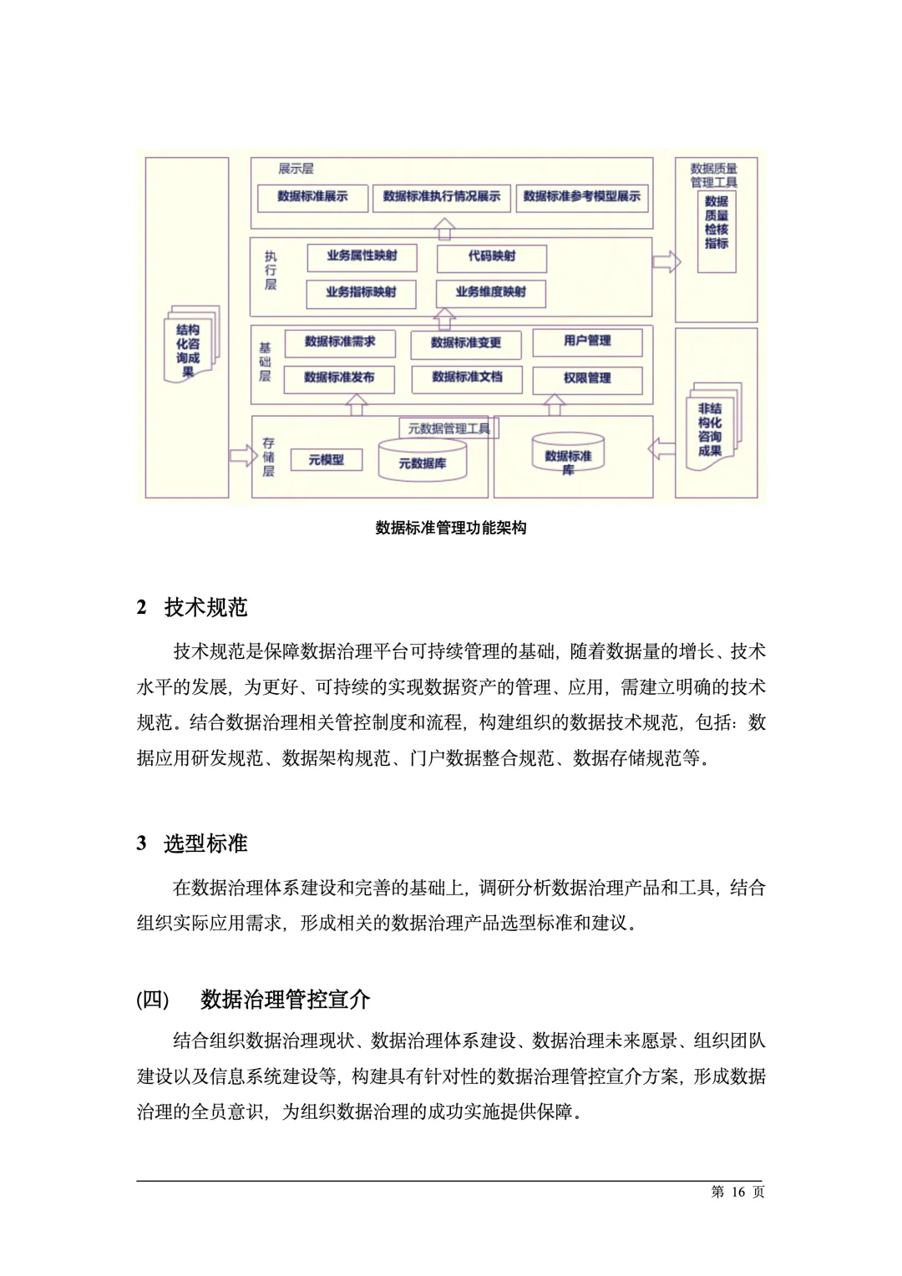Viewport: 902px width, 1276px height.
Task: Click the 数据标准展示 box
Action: click(x=312, y=197)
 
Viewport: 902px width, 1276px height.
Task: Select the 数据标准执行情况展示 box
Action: click(x=441, y=197)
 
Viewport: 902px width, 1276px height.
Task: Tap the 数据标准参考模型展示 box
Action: click(x=581, y=197)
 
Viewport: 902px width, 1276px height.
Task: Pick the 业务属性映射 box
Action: click(x=362, y=256)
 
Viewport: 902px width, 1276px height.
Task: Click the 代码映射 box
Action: click(x=491, y=257)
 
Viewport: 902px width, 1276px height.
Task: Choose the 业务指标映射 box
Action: click(x=361, y=293)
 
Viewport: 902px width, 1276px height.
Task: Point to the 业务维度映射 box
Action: click(x=490, y=293)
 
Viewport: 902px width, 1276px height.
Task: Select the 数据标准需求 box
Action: click(x=339, y=342)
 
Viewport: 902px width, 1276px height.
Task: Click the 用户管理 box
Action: click(x=587, y=342)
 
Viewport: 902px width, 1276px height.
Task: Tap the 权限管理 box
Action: click(x=587, y=379)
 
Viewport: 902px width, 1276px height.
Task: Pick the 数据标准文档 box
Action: click(x=466, y=378)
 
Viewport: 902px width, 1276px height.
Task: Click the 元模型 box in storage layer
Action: click(x=326, y=460)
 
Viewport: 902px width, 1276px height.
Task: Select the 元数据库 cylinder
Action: click(x=422, y=462)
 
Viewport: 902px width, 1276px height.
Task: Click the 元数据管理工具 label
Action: click(x=448, y=429)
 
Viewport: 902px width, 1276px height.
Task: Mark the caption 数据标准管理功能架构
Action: click(x=451, y=528)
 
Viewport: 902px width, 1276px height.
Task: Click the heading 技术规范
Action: click(x=205, y=607)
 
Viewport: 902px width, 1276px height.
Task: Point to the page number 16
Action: click(x=737, y=1192)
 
